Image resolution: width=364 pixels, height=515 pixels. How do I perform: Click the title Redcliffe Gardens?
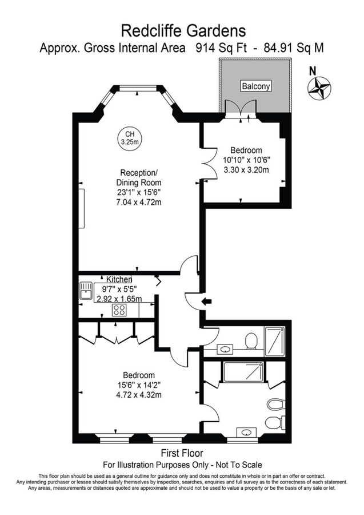pos(182,30)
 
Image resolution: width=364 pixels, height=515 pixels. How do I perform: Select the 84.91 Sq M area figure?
pos(294,48)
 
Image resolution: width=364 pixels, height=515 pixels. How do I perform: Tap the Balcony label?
pos(255,86)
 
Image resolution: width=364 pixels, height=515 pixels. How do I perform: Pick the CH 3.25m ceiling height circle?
pos(130,137)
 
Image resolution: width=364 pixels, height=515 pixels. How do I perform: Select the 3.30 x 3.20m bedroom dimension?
pos(246,169)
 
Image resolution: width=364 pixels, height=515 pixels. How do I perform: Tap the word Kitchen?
pos(114,279)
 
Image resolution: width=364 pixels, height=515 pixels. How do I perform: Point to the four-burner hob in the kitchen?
pos(120,311)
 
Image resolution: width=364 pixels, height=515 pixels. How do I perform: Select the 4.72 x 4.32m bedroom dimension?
pos(138,395)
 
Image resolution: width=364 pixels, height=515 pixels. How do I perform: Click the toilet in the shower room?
pos(250,342)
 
